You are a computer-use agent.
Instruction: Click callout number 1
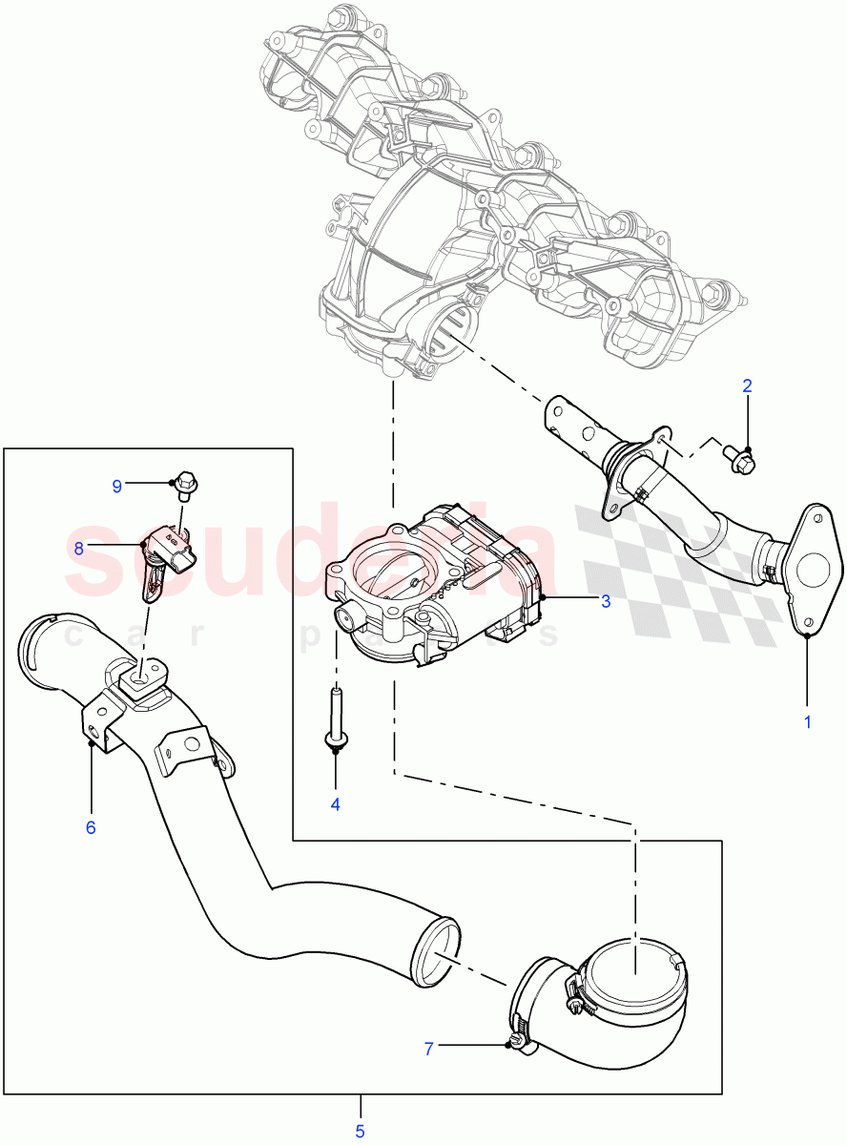pos(807,722)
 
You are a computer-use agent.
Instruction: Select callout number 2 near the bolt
pos(748,386)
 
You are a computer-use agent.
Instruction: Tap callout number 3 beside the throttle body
pos(605,601)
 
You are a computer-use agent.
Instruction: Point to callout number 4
pos(335,804)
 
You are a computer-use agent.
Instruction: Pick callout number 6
pos(91,827)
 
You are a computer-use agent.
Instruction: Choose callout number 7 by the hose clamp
pos(429,1049)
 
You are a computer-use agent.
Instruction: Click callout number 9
pos(117,487)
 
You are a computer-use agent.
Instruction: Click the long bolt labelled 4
pos(336,719)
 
